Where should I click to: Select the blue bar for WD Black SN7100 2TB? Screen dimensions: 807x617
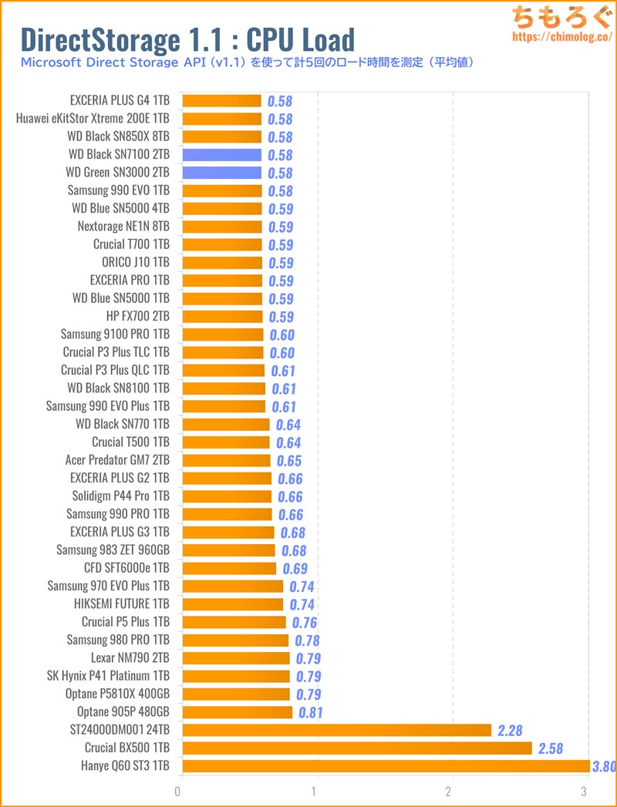(x=222, y=155)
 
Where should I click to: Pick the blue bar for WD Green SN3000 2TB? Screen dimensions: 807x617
(x=222, y=173)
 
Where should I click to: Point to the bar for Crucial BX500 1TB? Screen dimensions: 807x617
(x=356, y=748)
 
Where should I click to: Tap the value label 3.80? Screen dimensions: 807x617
(x=603, y=767)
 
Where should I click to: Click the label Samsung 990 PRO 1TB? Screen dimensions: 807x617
(x=118, y=514)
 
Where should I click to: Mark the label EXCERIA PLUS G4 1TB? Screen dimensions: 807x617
(x=120, y=100)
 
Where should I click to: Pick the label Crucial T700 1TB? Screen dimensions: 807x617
(x=130, y=244)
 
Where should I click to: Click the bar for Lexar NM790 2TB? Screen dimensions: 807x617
(x=235, y=658)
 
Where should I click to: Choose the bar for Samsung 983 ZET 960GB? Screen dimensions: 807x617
(x=228, y=550)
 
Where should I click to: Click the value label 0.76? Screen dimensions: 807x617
(x=304, y=623)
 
